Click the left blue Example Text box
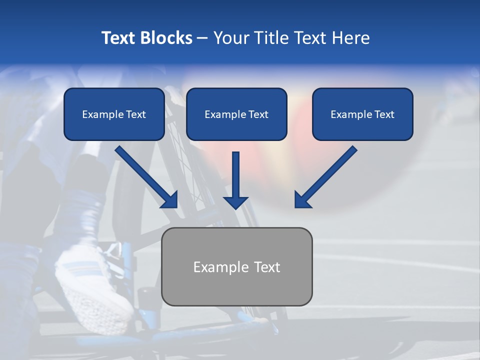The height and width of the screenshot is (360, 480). (114, 114)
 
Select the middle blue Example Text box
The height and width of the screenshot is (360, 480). (236, 114)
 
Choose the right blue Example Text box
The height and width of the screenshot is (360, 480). (362, 114)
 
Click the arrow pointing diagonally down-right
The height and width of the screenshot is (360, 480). (147, 177)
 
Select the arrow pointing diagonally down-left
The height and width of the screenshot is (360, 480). (325, 177)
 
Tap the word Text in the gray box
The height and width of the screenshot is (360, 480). (266, 267)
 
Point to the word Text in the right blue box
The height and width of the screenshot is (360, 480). (384, 114)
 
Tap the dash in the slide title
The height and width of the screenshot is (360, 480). (202, 38)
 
